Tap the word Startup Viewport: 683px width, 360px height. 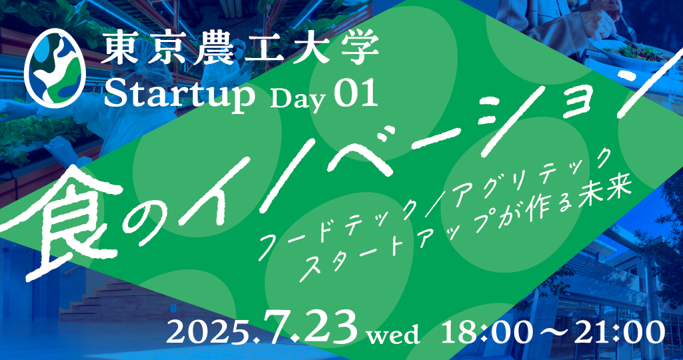coord(179,97)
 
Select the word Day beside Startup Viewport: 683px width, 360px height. coord(298,100)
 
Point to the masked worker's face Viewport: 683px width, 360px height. coord(238,51)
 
